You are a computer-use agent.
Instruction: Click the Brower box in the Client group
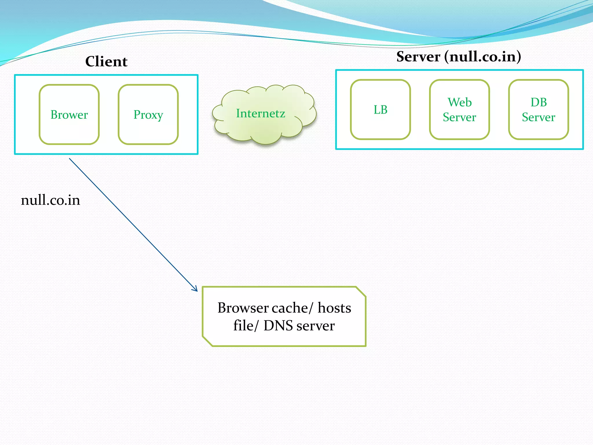click(69, 115)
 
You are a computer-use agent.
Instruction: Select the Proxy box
click(148, 115)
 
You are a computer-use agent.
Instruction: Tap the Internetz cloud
click(261, 114)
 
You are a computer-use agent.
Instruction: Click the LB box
click(380, 110)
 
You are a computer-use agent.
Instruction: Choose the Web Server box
click(460, 110)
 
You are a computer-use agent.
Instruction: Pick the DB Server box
click(539, 110)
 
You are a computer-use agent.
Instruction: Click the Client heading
click(106, 61)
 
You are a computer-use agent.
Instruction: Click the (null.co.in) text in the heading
click(483, 56)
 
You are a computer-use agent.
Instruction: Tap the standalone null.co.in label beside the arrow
click(50, 200)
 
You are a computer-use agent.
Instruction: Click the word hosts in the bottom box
click(334, 308)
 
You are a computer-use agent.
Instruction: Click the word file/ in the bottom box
click(246, 326)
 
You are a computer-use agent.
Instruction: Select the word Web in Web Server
click(460, 102)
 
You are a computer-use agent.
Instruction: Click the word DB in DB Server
click(539, 102)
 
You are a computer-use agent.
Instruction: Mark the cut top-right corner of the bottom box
click(361, 292)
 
